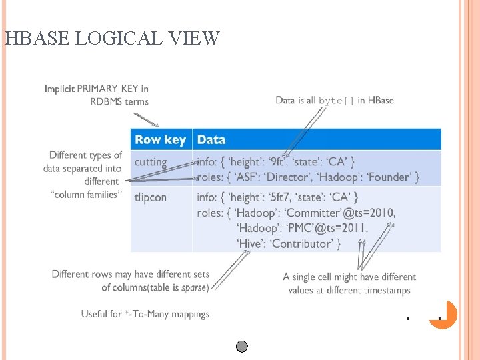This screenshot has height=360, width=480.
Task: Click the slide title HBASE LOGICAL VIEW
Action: point(111,38)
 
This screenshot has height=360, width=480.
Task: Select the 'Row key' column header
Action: point(160,139)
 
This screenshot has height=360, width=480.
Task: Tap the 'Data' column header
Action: point(211,139)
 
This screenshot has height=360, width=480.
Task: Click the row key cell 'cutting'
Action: point(150,162)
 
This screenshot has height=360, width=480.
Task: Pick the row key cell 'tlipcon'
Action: point(151,197)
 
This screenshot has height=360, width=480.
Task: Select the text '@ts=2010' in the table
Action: point(368,213)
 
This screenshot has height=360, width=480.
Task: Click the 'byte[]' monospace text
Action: point(336,101)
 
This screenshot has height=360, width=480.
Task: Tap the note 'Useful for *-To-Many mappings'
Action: point(145,314)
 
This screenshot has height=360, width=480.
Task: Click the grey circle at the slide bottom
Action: point(242,346)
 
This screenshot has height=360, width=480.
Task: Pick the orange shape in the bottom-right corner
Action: point(446,315)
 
